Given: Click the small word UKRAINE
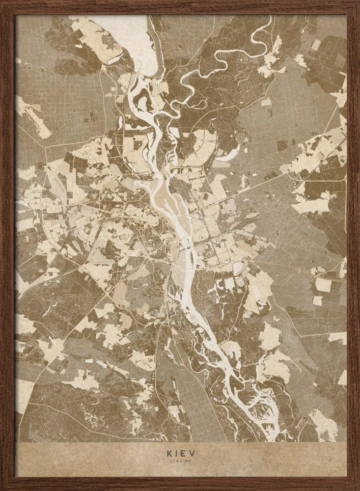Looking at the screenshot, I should click(180, 462).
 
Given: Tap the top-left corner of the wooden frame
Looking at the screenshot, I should click(2, 2).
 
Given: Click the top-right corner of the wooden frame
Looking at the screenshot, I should click(358, 2).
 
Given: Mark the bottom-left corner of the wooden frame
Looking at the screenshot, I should click(2, 489).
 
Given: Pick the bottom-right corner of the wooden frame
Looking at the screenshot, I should click(358, 489).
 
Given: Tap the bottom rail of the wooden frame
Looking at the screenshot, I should click(180, 484).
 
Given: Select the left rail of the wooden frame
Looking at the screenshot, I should click(7, 245).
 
